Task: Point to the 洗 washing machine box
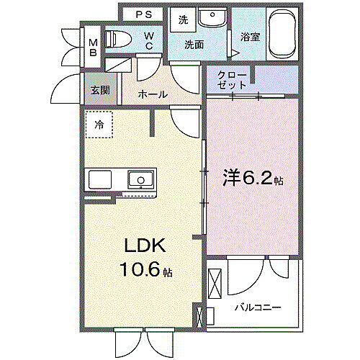(183, 20)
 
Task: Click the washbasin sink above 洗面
(210, 19)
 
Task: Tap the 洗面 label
(194, 45)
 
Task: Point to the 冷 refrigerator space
(99, 124)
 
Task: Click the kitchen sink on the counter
(140, 179)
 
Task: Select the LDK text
(148, 247)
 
